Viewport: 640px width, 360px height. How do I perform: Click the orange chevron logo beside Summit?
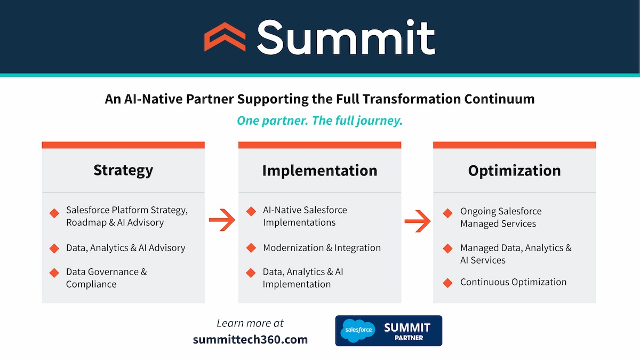coord(225,37)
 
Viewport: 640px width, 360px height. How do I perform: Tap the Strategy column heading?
coord(123,170)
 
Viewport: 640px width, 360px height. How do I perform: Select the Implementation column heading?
coord(319,171)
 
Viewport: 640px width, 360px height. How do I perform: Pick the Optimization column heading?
coord(514,171)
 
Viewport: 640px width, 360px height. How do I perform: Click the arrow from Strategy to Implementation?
coord(222,219)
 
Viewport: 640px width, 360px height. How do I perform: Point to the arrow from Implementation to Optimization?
coord(418,219)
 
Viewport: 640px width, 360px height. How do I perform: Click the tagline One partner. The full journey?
coord(319,121)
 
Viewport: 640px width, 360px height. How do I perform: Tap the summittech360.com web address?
coord(250,339)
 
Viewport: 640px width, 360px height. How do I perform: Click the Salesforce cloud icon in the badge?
coord(359,331)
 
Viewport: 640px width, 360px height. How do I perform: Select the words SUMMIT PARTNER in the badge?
coord(407,331)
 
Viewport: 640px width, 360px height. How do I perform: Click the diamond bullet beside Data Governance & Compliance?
coord(54,273)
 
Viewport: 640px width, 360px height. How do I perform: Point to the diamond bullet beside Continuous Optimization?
coord(448,282)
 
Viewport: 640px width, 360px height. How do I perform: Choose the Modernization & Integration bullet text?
coord(322,248)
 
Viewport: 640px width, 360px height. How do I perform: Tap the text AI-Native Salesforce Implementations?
coord(304,216)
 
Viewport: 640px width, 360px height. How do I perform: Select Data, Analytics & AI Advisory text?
coord(125,248)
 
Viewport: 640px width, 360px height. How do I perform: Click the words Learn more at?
coord(250,323)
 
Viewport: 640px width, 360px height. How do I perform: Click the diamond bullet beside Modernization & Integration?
coord(251,248)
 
